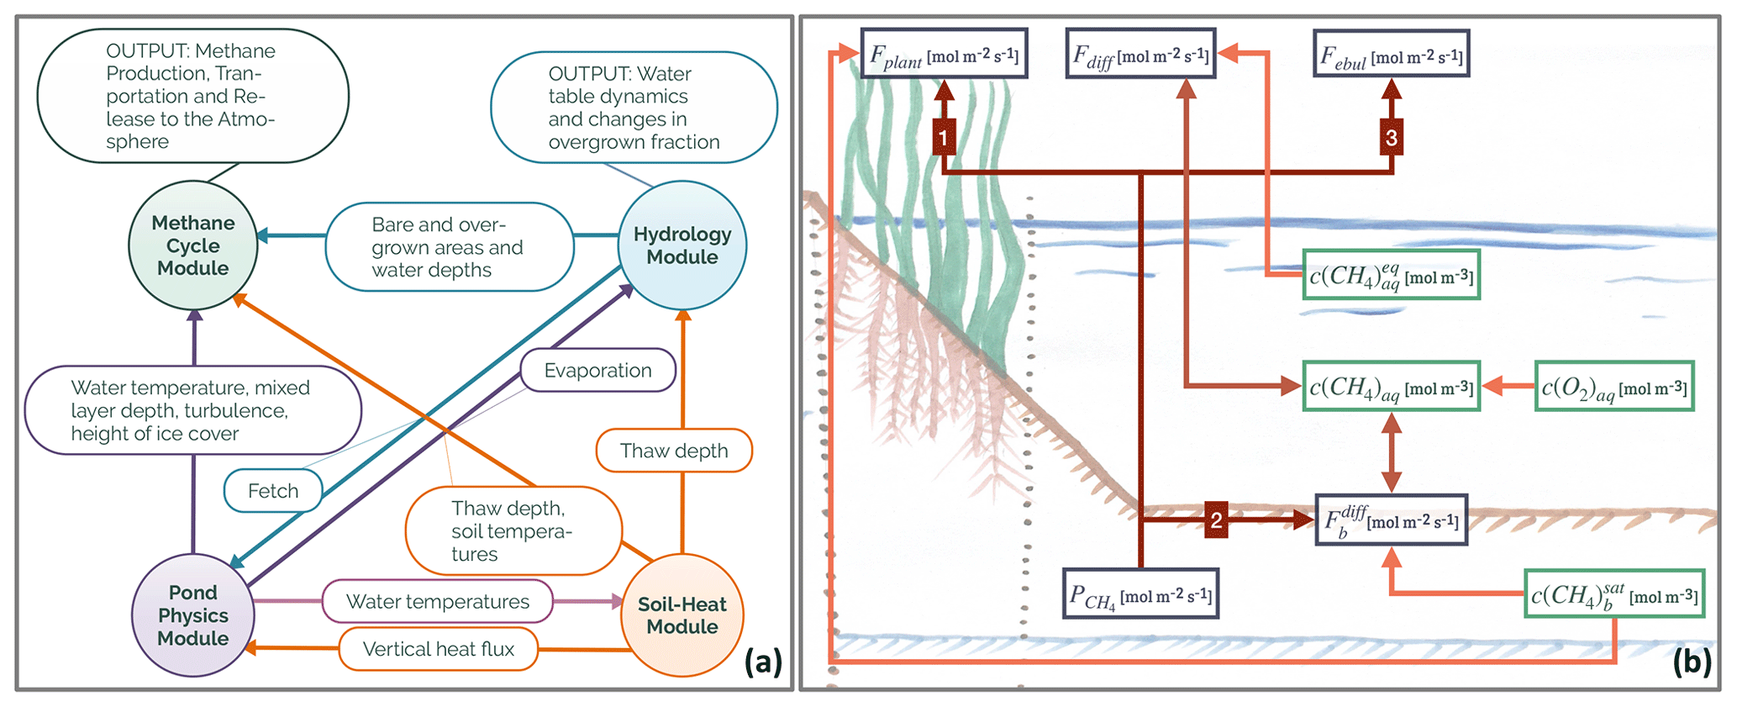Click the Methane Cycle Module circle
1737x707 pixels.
(192, 245)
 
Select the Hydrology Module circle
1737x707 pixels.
(682, 245)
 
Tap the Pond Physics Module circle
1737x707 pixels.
(192, 615)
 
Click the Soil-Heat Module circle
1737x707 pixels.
(682, 615)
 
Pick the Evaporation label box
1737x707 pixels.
(597, 371)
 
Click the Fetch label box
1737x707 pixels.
(273, 491)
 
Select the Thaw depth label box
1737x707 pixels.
(674, 451)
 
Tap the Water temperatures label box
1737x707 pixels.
(437, 602)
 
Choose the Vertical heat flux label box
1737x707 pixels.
(438, 649)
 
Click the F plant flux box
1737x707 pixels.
(944, 55)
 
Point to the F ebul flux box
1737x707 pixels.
(1391, 55)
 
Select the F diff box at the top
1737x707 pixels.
(1140, 55)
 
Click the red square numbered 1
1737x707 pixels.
(944, 137)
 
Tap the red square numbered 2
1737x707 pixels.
(1216, 520)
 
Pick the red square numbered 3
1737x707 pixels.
(1392, 137)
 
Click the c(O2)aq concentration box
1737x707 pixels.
(1614, 387)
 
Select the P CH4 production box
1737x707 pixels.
(1140, 594)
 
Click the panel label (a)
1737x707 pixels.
(763, 662)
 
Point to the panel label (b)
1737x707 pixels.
(1692, 662)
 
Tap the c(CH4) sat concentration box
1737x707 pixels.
(1614, 594)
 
